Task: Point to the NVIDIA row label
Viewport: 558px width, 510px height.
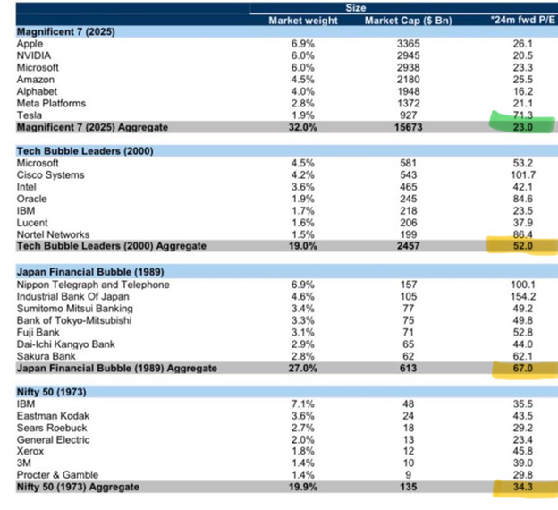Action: (x=37, y=55)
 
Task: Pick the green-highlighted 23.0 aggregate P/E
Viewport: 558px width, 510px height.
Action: (x=524, y=128)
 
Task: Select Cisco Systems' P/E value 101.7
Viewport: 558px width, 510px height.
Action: (x=523, y=176)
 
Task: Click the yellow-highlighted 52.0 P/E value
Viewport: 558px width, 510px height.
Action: (x=524, y=246)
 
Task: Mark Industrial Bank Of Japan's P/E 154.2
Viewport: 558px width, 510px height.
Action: (x=523, y=296)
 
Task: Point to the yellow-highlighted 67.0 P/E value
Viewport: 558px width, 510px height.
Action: (x=524, y=368)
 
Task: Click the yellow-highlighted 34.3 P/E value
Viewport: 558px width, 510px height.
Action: (x=524, y=489)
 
